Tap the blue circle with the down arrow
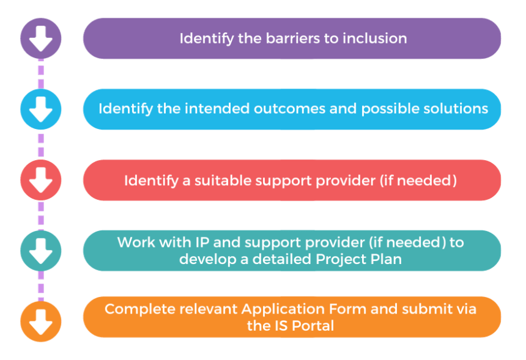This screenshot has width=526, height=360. (41, 109)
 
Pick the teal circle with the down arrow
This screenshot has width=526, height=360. (41, 250)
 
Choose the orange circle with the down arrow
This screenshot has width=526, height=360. (41, 321)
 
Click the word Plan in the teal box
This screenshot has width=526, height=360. (388, 259)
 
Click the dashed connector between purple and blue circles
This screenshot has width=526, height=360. (41, 74)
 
